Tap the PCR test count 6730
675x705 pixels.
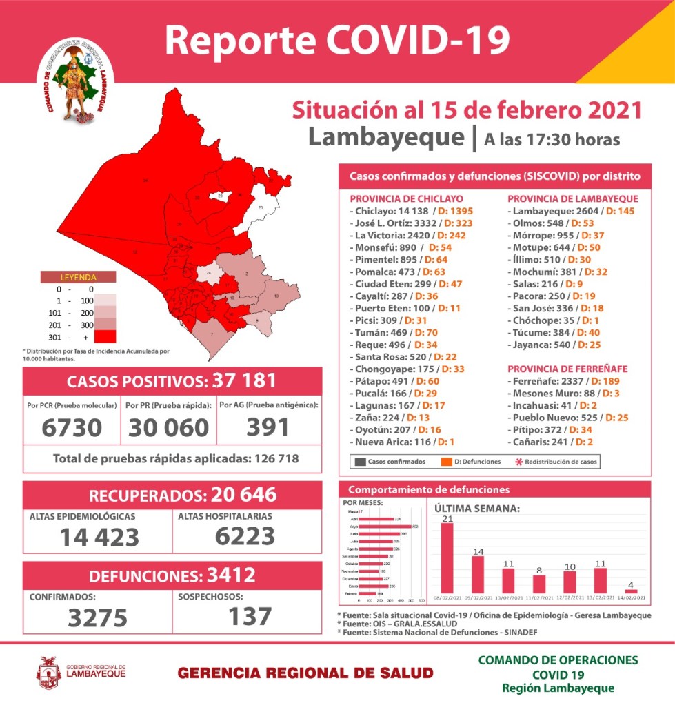click(71, 427)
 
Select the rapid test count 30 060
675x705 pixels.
click(168, 427)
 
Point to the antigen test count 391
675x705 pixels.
click(269, 427)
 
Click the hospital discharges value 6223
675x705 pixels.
click(245, 535)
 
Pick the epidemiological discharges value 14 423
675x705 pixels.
click(99, 537)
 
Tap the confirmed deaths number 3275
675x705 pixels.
click(97, 617)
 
